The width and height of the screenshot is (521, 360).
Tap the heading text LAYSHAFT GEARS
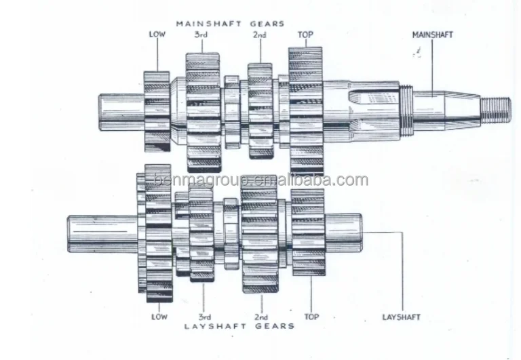click(x=240, y=326)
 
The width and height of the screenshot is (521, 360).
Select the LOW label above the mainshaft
click(x=157, y=34)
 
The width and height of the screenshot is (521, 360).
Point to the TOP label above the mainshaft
click(x=305, y=34)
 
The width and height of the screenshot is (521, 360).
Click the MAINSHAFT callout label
click(x=432, y=34)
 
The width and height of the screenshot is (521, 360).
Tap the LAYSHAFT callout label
click(x=402, y=317)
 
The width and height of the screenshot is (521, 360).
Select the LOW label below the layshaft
click(x=159, y=317)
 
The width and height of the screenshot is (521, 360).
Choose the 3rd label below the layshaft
click(x=204, y=317)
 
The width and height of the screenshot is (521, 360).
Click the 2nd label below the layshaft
click(x=260, y=317)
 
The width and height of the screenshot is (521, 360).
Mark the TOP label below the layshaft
click(x=312, y=317)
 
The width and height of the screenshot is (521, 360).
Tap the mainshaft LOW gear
click(x=157, y=111)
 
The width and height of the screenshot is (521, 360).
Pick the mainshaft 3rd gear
click(x=203, y=110)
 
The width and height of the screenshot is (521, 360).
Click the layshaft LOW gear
click(x=158, y=234)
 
